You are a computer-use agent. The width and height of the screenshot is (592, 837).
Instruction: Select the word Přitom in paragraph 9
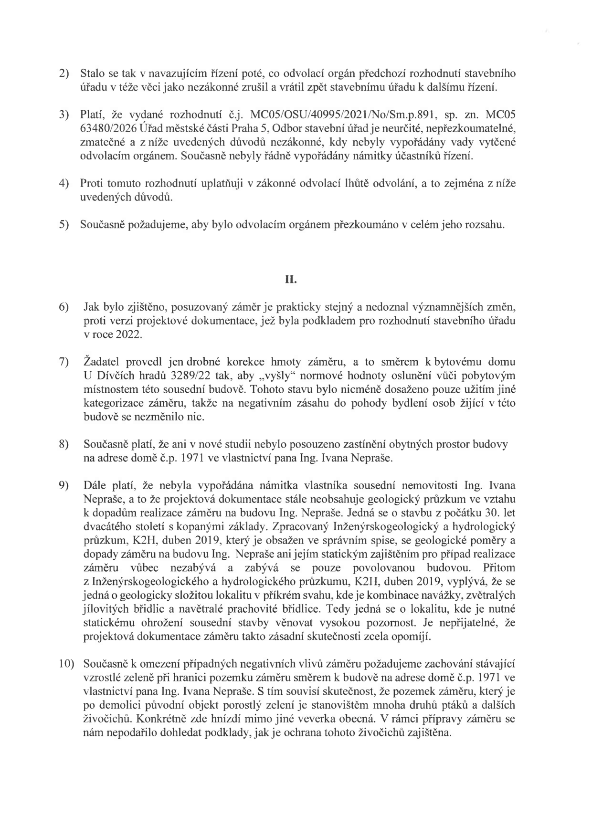499,568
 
